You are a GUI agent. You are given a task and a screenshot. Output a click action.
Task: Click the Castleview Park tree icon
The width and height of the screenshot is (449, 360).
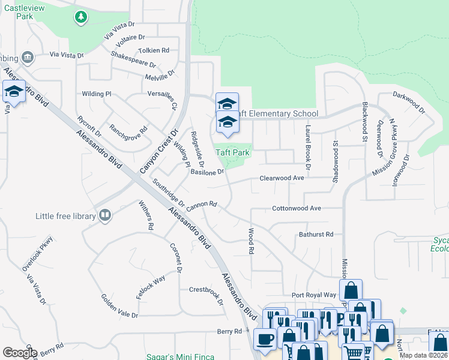coord(80,17)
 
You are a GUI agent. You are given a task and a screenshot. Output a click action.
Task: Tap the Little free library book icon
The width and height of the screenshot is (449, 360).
coord(105,215)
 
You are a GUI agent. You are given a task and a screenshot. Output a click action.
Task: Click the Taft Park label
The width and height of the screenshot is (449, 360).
coord(232,153)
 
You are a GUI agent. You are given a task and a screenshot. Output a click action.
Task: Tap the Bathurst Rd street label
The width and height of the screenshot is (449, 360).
coord(316,235)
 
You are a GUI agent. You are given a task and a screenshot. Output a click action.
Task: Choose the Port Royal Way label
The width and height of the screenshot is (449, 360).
coord(314,295)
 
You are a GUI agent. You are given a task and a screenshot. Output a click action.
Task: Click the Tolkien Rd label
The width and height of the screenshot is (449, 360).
coord(154,50)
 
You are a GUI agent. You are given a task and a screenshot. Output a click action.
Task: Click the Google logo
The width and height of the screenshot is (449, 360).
coord(20,352)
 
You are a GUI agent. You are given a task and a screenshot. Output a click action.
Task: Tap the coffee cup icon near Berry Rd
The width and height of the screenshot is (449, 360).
coord(264,338)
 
